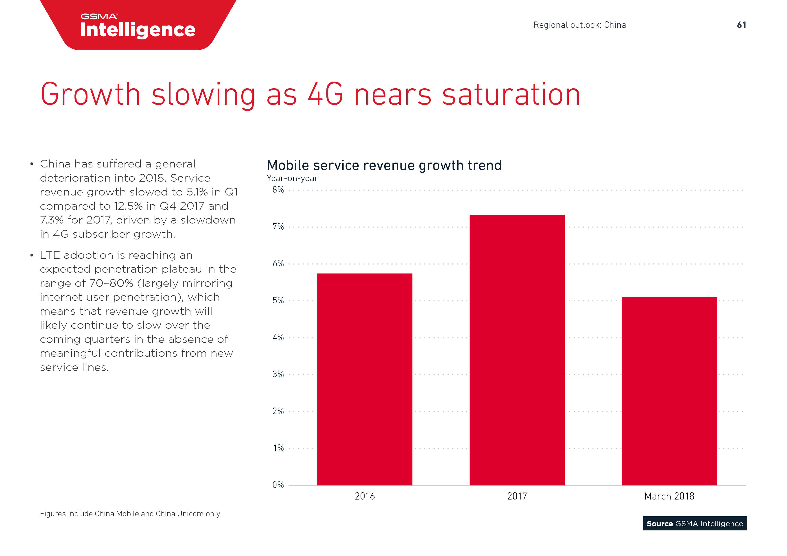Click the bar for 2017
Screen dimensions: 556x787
(x=517, y=350)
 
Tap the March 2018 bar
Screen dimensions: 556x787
(x=669, y=391)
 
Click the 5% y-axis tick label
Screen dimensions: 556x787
(x=278, y=301)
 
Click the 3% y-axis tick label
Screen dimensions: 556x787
(x=278, y=374)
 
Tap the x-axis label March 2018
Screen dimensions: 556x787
(x=669, y=496)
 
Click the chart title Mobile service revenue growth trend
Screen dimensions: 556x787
(x=384, y=165)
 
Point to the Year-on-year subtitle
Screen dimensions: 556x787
(x=292, y=178)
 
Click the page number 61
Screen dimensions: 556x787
(x=741, y=25)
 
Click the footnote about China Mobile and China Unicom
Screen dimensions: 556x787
(x=130, y=514)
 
